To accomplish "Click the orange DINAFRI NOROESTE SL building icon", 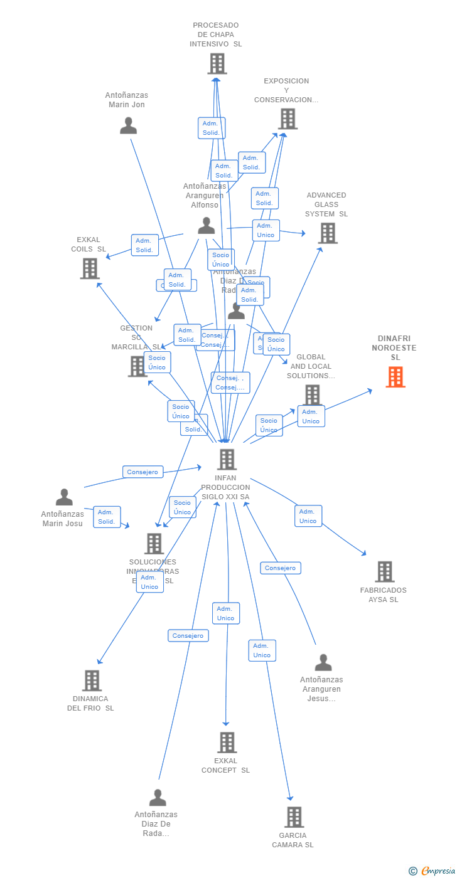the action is (395, 377).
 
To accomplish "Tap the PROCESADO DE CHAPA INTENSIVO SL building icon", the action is (217, 63).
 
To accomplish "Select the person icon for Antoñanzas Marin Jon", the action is (128, 125).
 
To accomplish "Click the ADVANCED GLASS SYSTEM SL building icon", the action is (327, 233).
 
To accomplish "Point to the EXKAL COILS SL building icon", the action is (90, 268).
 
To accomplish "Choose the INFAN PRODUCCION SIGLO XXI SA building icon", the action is (227, 459).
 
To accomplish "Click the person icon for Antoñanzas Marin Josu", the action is (64, 497).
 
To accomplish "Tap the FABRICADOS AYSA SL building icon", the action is (385, 571).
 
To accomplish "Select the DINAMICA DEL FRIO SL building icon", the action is (92, 680).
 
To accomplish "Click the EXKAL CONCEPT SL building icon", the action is (227, 743).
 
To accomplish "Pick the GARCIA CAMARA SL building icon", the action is (294, 817).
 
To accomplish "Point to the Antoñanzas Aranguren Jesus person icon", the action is (323, 662).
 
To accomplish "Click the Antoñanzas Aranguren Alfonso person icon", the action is (206, 226).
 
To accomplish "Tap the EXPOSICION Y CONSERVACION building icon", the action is (288, 119).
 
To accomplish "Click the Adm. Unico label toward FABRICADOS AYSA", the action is (308, 516).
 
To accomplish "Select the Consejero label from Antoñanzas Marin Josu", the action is (143, 472).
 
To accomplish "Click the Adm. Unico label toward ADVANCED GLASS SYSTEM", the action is (266, 230).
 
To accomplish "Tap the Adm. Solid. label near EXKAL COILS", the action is (144, 245).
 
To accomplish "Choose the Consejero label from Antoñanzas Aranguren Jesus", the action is (281, 568).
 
